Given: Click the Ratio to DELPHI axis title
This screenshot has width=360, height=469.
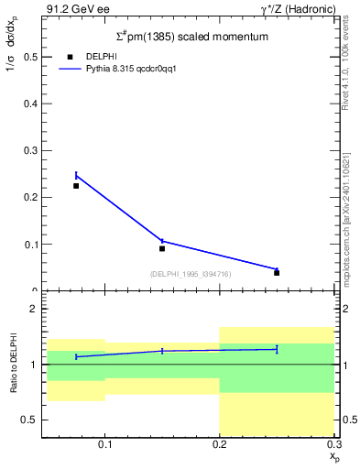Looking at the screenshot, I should click(x=13, y=364).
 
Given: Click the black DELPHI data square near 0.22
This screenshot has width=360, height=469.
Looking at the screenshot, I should click(x=76, y=186).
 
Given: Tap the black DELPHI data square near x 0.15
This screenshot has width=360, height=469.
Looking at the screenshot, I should click(x=162, y=248).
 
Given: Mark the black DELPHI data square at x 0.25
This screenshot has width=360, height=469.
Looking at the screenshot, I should click(x=277, y=273).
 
